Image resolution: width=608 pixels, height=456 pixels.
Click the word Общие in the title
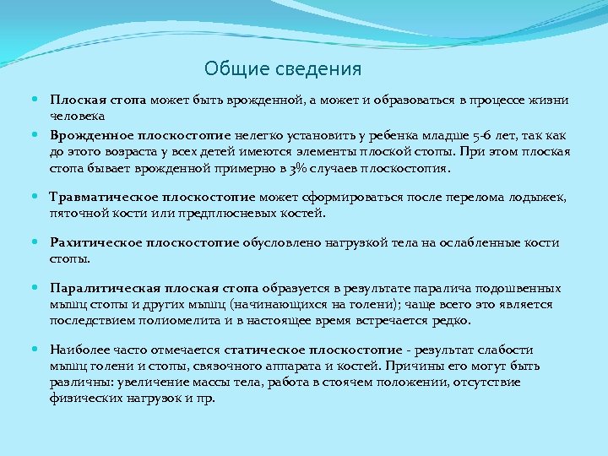231,69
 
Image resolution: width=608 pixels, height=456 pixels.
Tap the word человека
77,115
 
